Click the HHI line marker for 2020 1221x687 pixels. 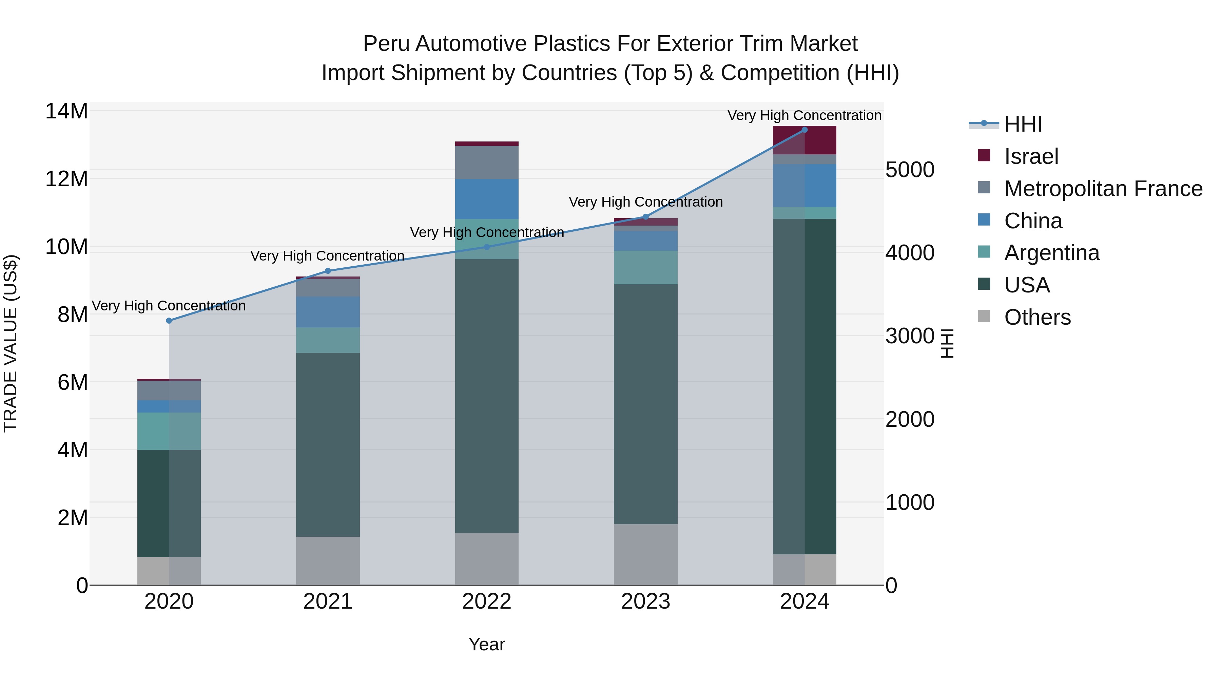[x=169, y=321]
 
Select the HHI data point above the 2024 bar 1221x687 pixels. [x=805, y=130]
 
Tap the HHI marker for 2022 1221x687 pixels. [x=486, y=247]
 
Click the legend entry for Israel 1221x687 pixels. [x=1031, y=156]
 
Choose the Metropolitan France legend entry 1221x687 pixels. [x=1103, y=189]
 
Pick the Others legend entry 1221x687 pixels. [x=1037, y=317]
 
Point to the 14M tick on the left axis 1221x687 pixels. [x=66, y=111]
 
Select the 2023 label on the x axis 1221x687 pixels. [x=645, y=602]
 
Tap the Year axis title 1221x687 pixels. [x=486, y=644]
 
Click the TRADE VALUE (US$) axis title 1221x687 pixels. [x=11, y=343]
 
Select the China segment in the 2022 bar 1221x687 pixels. [x=486, y=199]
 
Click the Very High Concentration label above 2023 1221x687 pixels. [x=645, y=202]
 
